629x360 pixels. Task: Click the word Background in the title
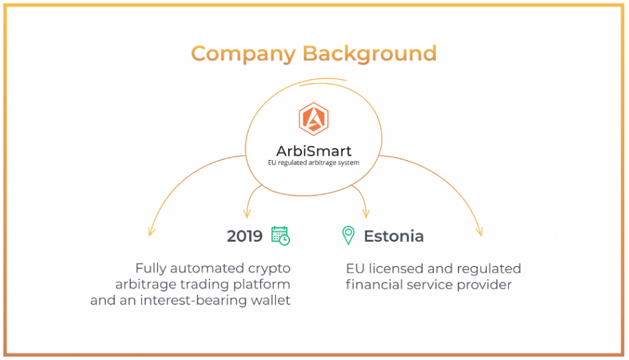370,54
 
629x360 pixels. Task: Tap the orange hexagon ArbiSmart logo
314,119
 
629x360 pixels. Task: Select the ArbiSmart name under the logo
314,151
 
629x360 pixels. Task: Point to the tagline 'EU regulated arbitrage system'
314,163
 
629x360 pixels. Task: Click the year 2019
245,236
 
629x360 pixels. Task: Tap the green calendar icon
280,236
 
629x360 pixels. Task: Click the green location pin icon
348,235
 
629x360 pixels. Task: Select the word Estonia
393,236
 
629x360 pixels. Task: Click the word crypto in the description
269,268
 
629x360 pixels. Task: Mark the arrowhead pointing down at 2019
247,213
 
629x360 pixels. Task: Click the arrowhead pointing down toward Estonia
366,213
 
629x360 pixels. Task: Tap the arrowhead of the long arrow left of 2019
151,232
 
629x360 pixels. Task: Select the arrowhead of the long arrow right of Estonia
479,232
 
